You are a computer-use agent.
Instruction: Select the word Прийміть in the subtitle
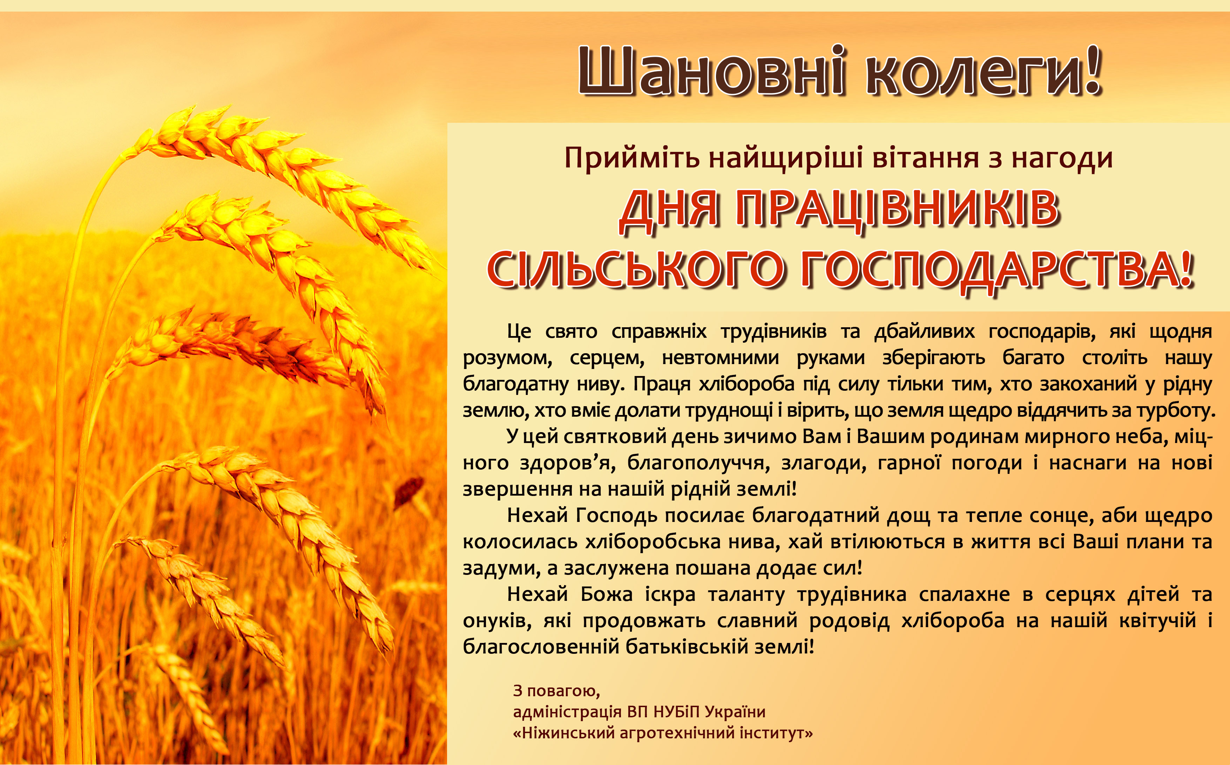[632, 158]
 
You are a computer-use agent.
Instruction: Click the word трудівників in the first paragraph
[774, 331]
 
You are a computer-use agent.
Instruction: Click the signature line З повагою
[556, 690]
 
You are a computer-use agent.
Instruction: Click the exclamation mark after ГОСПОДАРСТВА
[1187, 269]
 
